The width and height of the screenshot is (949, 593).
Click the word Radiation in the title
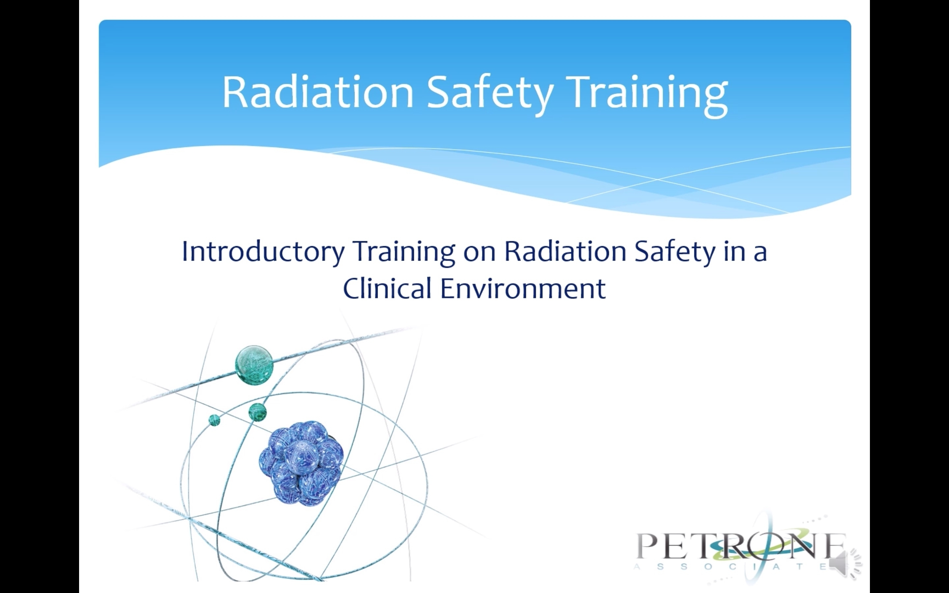pyautogui.click(x=318, y=92)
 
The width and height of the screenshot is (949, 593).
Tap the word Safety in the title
pyautogui.click(x=490, y=94)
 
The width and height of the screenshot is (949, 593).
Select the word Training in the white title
pyautogui.click(x=647, y=94)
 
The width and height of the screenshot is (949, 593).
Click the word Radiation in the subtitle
pyautogui.click(x=565, y=251)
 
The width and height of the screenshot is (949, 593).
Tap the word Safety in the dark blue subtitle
pyautogui.click(x=675, y=253)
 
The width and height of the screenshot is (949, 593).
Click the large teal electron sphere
pyautogui.click(x=254, y=365)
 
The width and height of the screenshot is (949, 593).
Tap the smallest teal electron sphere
pyautogui.click(x=214, y=420)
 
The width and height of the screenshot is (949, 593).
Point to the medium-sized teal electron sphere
pyautogui.click(x=258, y=412)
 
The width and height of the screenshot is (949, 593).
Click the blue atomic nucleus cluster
pyautogui.click(x=301, y=463)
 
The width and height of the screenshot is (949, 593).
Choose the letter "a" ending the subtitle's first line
pyautogui.click(x=760, y=254)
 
